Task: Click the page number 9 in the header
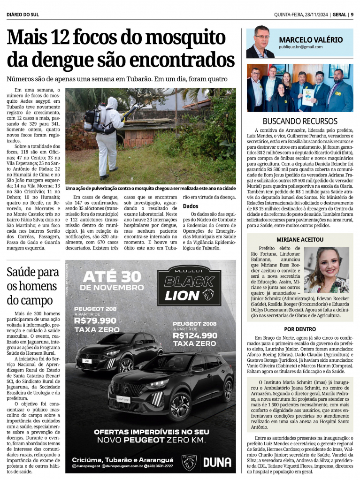[x=352, y=14]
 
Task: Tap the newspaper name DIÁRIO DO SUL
[x=23, y=14]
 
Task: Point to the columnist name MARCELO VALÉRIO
[x=311, y=40]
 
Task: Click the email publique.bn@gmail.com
[x=301, y=47]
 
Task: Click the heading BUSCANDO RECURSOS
[x=300, y=121]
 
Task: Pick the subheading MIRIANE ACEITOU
[x=300, y=239]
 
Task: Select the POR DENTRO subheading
[x=300, y=329]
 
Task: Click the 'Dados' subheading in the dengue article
[x=190, y=206]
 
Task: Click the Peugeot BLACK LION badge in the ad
[x=190, y=285]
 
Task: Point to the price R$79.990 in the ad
[x=95, y=320]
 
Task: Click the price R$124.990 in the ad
[x=195, y=335]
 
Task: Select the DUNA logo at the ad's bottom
[x=217, y=462]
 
